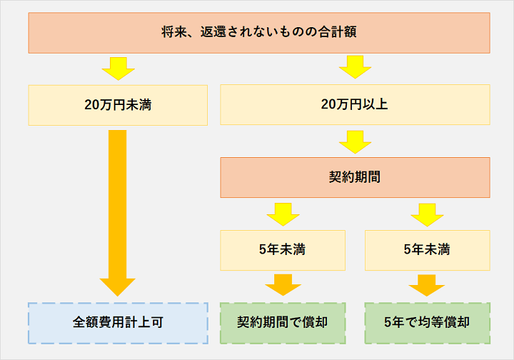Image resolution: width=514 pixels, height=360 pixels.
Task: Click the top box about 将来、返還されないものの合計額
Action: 259,32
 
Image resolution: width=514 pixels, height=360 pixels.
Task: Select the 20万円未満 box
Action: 118,105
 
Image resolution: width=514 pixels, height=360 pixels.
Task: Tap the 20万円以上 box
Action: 355,105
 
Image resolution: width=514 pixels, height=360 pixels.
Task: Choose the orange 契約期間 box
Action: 355,177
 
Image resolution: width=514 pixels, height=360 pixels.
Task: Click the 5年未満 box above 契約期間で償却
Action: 283,250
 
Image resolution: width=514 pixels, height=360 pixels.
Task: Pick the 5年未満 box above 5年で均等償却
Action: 427,250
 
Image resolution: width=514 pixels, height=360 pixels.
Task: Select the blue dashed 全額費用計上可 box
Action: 118,322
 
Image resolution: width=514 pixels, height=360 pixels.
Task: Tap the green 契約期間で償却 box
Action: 283,322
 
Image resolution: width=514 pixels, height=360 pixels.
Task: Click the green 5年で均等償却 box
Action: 427,322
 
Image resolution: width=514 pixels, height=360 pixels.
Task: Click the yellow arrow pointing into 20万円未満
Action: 118,69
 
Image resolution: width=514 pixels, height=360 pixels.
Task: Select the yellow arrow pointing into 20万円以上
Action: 355,69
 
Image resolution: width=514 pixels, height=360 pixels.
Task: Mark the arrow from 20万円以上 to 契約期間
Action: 355,141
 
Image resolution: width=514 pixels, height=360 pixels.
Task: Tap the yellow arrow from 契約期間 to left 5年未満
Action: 283,214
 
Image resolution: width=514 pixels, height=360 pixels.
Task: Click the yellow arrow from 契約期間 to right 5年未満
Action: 427,214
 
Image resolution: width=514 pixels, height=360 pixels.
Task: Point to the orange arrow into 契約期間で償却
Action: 283,285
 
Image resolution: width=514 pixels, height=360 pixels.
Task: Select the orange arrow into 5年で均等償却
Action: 427,285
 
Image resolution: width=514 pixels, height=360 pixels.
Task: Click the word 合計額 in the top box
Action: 341,32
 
